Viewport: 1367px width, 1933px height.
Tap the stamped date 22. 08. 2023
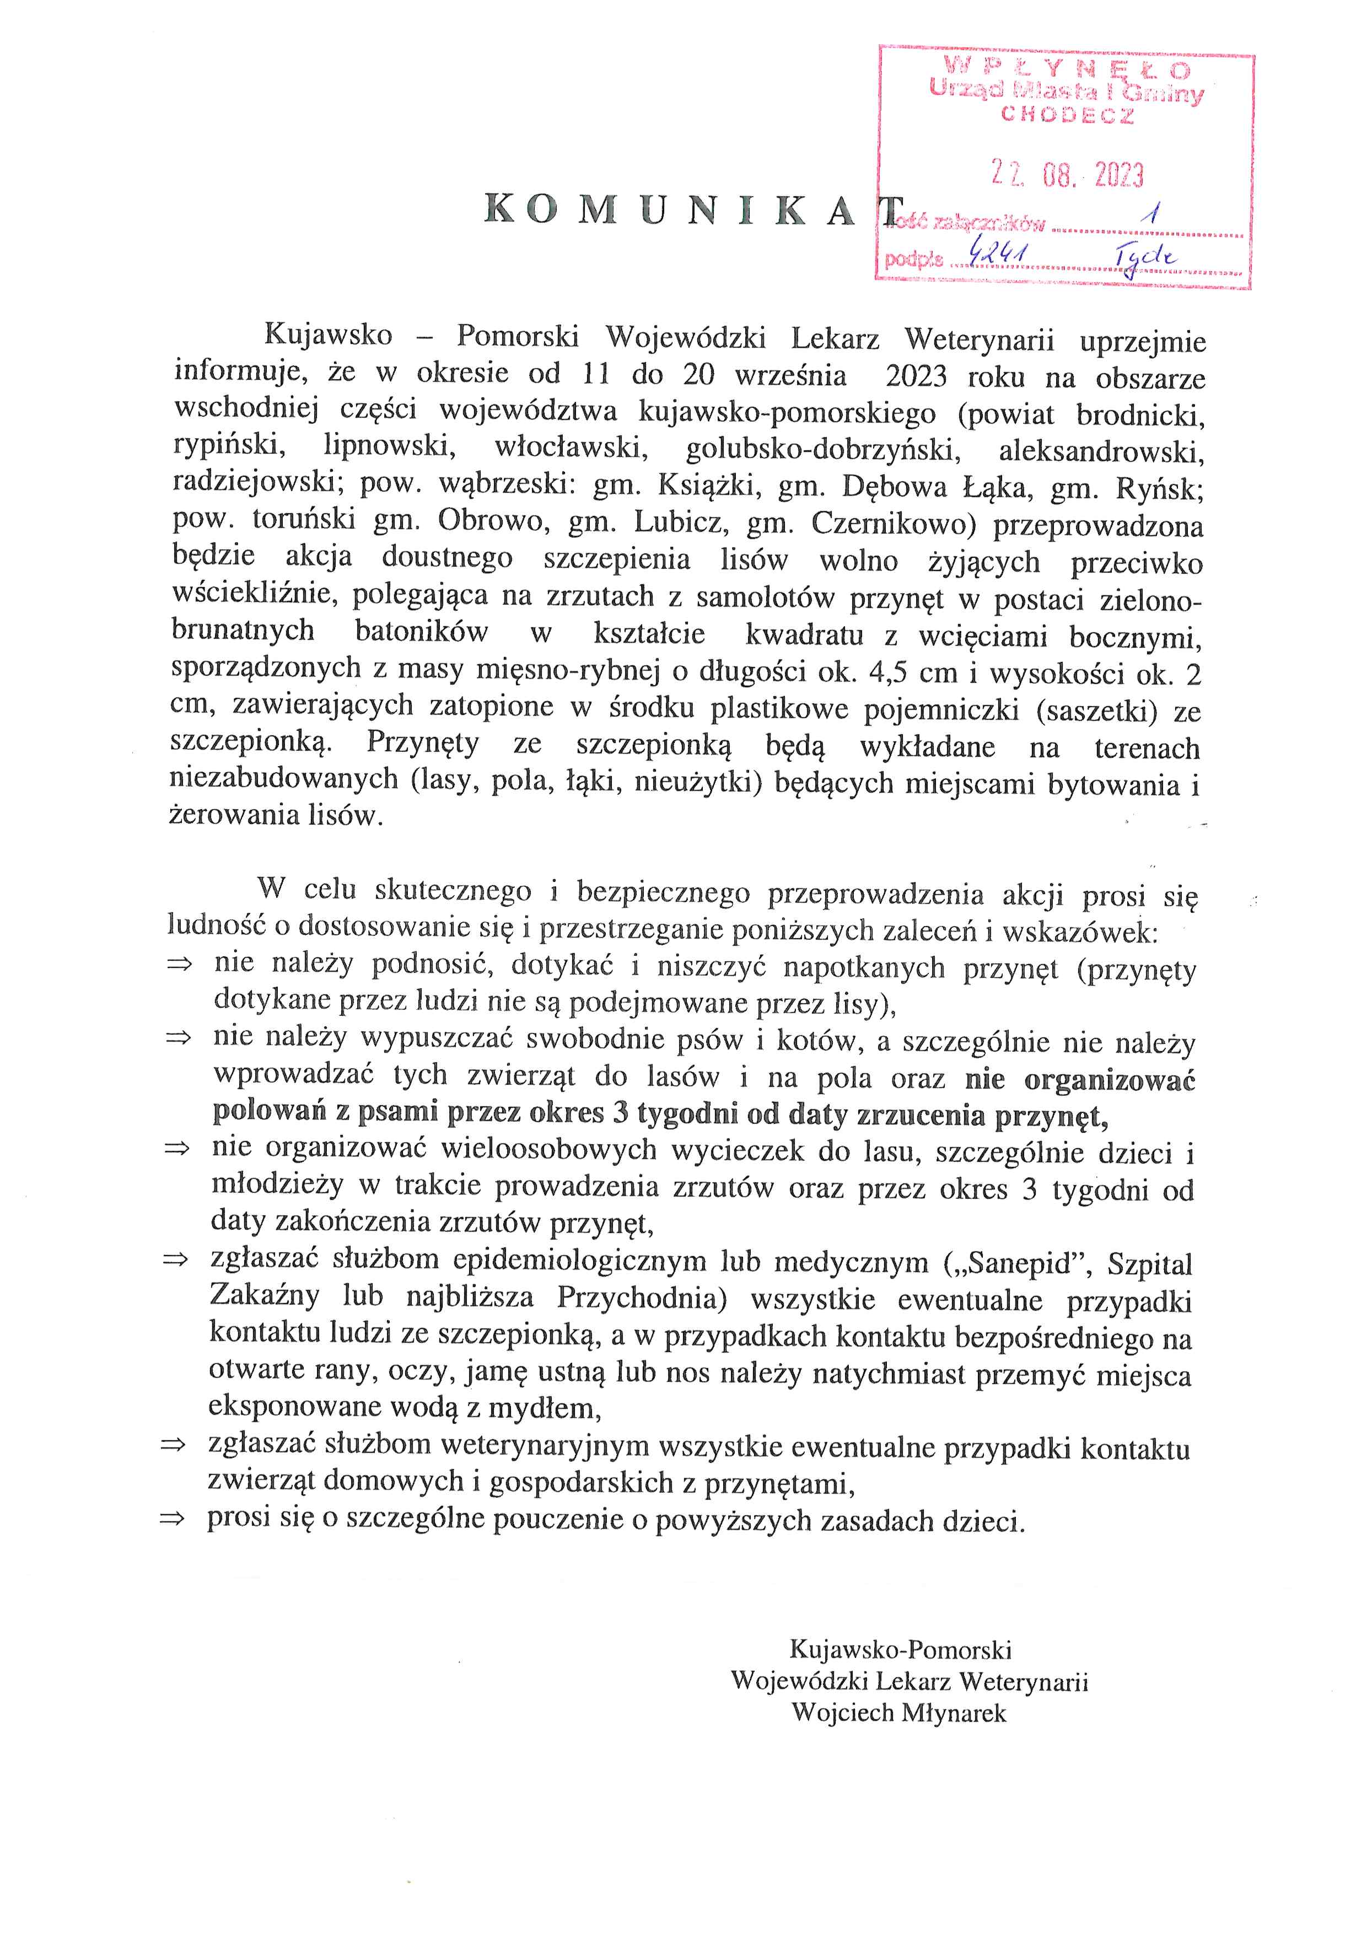1067,174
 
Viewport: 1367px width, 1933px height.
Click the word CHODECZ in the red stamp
1067,115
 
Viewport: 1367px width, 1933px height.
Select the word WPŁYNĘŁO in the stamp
1067,67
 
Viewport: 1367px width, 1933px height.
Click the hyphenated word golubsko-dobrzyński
823,450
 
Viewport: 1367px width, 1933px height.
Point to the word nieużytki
698,783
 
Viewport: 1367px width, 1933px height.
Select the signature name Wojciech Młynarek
899,1713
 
